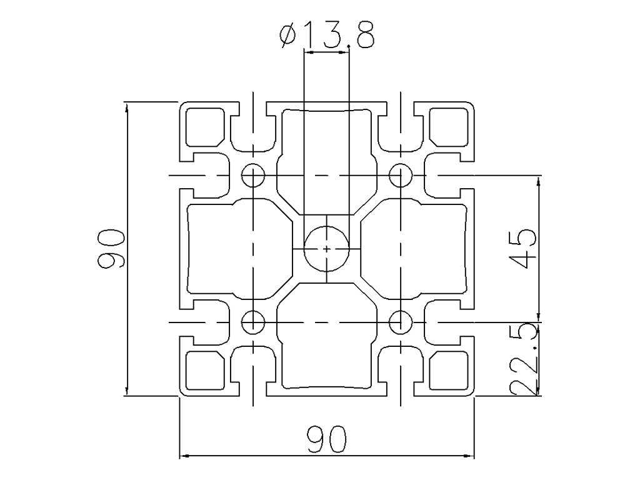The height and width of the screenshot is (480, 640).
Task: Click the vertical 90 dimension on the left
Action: tap(111, 249)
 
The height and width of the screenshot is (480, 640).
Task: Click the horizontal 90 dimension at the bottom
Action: tap(326, 439)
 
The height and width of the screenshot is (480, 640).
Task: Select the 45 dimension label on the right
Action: tap(522, 248)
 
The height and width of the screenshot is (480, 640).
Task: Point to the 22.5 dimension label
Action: tap(523, 359)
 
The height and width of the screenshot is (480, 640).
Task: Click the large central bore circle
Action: tap(327, 249)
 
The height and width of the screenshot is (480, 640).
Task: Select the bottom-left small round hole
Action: tap(253, 322)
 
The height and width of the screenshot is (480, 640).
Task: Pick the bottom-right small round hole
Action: tap(400, 322)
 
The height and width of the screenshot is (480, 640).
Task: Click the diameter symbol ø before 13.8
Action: tap(288, 37)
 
